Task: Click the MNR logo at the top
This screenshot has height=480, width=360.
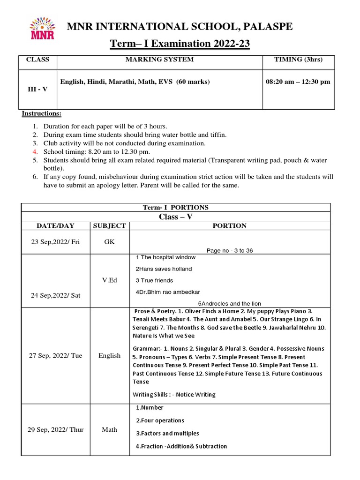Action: [x=42, y=29]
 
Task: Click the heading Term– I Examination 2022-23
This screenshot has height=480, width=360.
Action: [x=180, y=44]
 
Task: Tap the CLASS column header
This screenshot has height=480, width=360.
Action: [x=37, y=60]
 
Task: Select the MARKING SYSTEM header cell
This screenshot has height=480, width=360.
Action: [x=159, y=60]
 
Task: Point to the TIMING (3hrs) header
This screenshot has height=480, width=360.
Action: [x=298, y=60]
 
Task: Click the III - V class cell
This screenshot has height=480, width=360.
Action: [x=37, y=89]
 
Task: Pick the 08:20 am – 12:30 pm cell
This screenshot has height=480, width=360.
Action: [x=298, y=82]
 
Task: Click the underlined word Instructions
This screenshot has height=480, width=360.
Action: [x=41, y=114]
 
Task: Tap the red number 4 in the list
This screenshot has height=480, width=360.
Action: [x=34, y=152]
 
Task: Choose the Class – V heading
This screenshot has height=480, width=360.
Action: [x=176, y=217]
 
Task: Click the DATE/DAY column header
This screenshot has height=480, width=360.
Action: [x=55, y=225]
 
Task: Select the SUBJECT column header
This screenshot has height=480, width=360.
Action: [x=110, y=225]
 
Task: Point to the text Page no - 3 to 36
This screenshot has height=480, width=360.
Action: [x=230, y=250]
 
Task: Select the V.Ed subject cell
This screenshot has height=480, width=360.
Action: [x=110, y=280]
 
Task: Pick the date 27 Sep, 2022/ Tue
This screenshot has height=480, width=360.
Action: [x=55, y=355]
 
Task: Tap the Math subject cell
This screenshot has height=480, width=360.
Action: [x=110, y=429]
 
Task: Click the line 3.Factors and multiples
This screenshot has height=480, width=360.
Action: [x=167, y=433]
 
